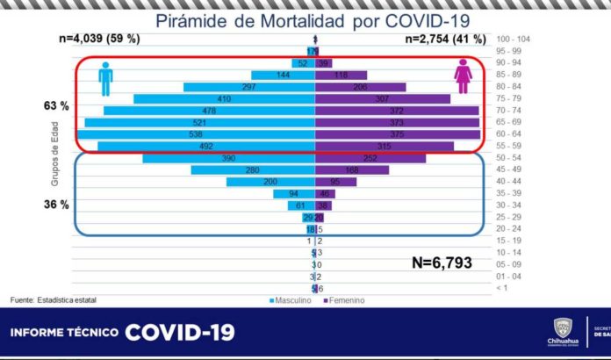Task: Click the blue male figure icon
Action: click(x=106, y=78)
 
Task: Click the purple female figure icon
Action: click(x=463, y=76)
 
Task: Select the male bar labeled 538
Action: click(x=196, y=134)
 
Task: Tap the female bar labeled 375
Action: click(x=398, y=134)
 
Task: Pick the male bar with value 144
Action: click(x=283, y=76)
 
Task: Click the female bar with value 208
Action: click(x=360, y=87)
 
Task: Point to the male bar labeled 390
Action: click(x=228, y=158)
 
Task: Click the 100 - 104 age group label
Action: click(x=514, y=40)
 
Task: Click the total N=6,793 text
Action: click(x=447, y=262)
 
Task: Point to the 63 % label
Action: click(x=56, y=106)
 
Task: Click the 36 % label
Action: click(x=56, y=204)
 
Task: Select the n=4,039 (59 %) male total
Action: click(x=98, y=40)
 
